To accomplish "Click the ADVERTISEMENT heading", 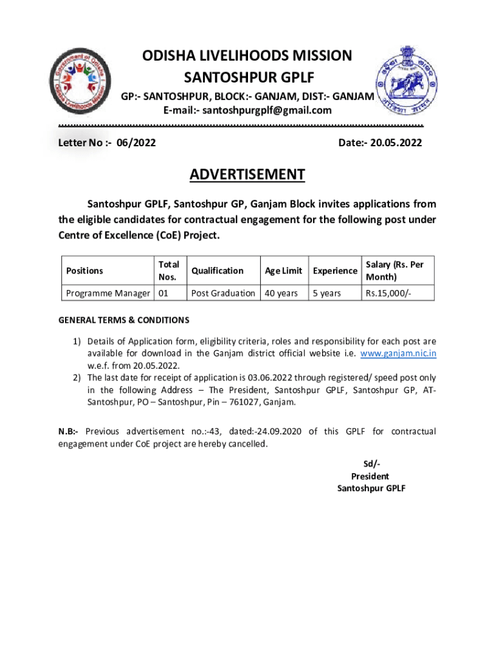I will click(247, 175).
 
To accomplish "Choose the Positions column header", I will click(84, 271).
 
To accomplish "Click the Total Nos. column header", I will click(169, 271).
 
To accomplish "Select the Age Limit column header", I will click(283, 271).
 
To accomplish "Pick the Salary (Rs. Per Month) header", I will click(395, 271).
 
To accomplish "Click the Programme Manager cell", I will click(107, 293).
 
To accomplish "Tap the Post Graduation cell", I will click(223, 293).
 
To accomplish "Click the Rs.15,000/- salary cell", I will click(385, 293).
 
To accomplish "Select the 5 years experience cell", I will click(327, 293).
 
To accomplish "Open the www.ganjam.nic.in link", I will click(398, 353).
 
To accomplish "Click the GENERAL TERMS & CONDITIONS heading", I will click(124, 320).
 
